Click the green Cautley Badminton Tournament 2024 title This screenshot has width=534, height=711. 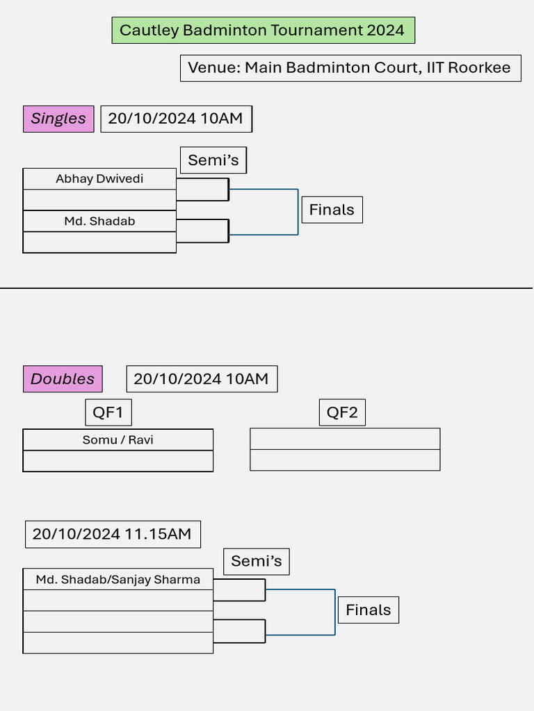[263, 31]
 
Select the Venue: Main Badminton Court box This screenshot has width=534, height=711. [350, 68]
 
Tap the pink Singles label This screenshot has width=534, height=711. [58, 119]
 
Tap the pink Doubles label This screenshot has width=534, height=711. [63, 379]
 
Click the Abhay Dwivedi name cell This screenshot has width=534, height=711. [99, 179]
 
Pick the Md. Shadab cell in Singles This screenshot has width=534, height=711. [99, 221]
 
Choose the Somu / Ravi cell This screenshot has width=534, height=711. [118, 440]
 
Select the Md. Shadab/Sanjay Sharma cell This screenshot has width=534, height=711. [118, 580]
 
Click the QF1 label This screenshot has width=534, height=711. [108, 413]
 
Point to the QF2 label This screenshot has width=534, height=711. [342, 413]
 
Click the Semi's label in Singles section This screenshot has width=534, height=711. [213, 160]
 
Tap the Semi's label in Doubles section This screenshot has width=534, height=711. [256, 562]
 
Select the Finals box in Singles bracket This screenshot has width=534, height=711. [332, 210]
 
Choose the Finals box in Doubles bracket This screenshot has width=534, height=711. [368, 610]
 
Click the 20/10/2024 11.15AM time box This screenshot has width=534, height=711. [112, 535]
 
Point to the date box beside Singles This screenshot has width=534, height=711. [176, 119]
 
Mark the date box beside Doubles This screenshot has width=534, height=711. [202, 379]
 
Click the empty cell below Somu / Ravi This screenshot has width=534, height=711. [118, 461]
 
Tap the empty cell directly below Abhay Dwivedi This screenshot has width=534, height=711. [99, 200]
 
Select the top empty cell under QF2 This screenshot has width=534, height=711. [345, 439]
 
